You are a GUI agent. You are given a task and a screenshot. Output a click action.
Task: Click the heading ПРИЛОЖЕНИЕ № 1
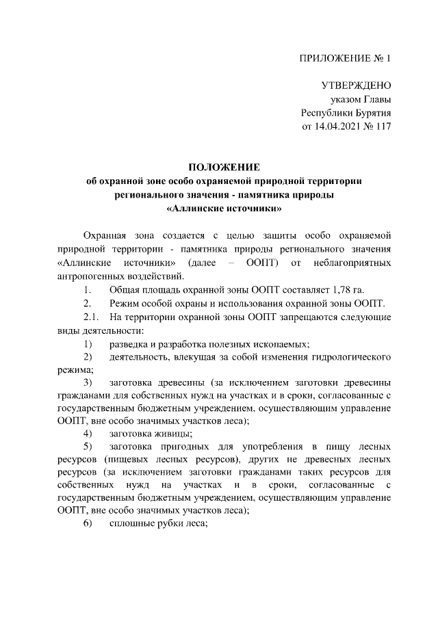click(x=346, y=58)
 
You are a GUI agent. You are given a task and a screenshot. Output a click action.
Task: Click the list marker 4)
click(x=88, y=433)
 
